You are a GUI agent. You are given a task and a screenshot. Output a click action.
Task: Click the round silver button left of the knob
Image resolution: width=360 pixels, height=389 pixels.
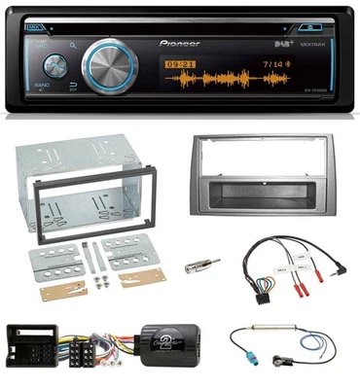[x=51, y=67]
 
